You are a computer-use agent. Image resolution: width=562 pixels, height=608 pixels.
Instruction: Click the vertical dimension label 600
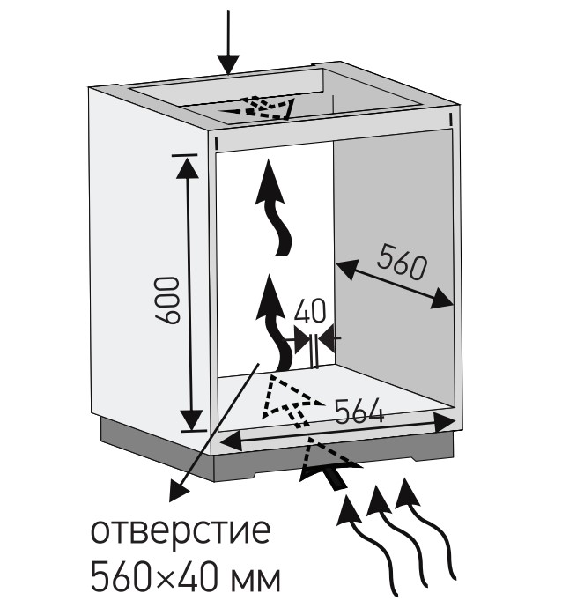point(168,300)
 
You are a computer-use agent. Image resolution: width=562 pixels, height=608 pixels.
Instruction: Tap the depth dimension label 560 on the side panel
point(402,263)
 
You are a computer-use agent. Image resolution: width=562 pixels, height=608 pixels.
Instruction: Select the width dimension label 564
point(359,412)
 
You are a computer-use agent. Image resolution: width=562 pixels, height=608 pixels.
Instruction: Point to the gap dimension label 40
point(310,311)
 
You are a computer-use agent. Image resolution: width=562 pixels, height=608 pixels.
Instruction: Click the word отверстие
point(181,530)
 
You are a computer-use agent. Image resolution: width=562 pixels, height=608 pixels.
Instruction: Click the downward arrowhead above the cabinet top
point(228,64)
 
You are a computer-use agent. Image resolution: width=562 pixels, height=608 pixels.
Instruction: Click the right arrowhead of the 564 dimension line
point(444,423)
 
